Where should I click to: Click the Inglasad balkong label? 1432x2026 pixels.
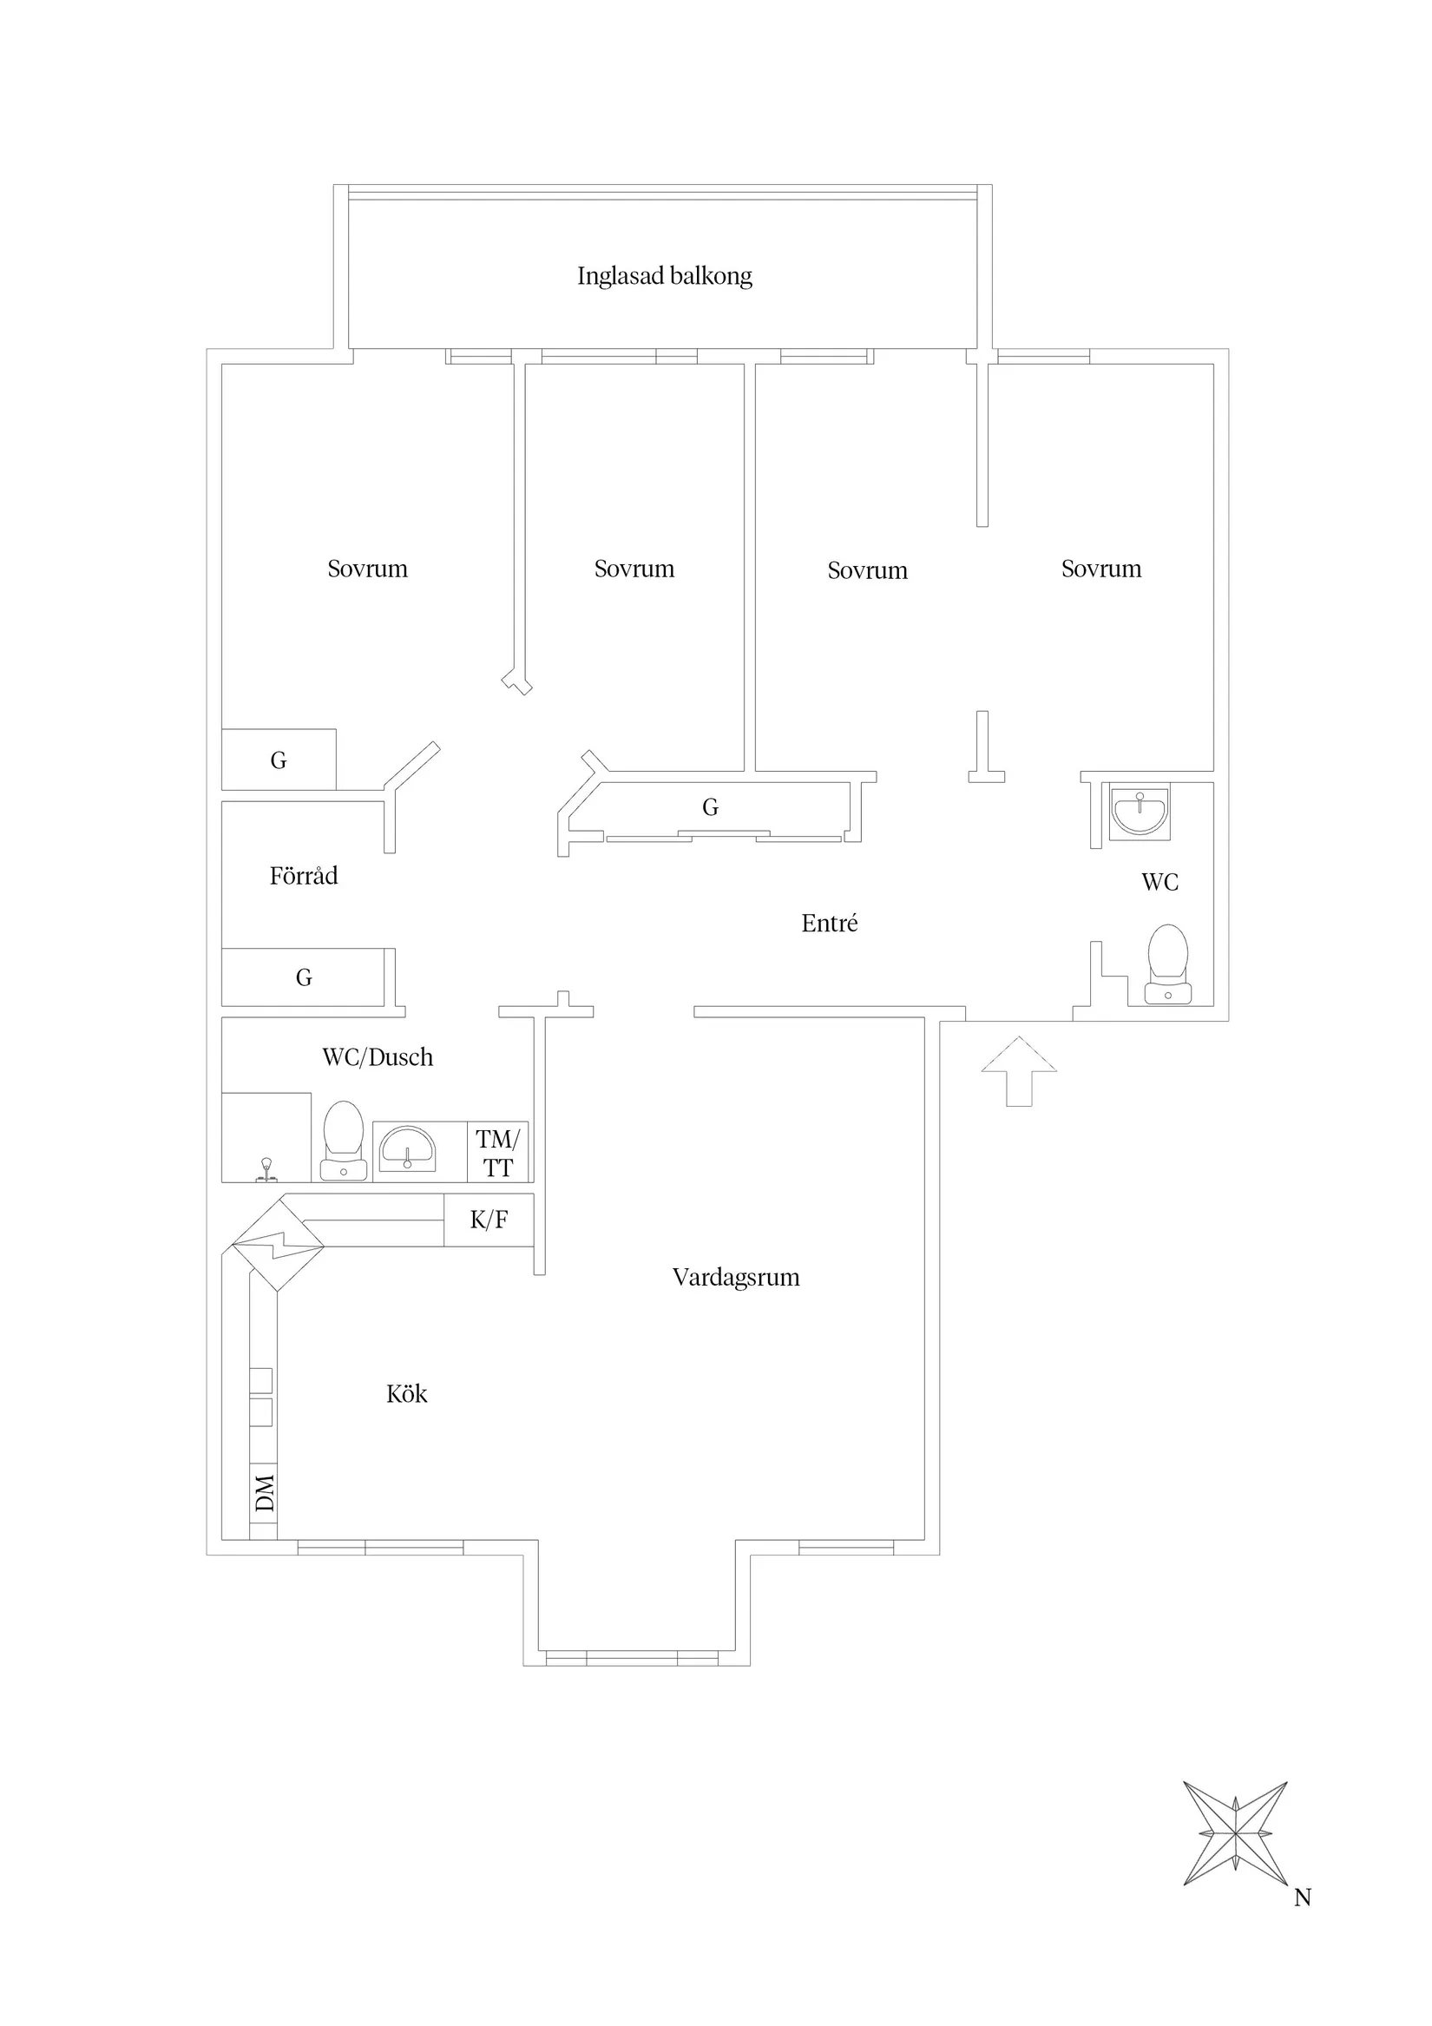click(x=665, y=276)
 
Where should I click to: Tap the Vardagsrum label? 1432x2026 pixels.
click(x=736, y=1277)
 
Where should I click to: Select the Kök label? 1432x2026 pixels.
click(x=407, y=1393)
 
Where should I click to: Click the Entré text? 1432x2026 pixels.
click(x=830, y=923)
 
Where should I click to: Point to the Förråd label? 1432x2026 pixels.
click(x=304, y=875)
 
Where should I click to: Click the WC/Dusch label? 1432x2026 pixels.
click(x=378, y=1056)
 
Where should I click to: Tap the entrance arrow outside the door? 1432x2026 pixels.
click(x=1019, y=1070)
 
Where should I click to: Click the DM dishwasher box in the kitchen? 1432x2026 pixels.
click(x=264, y=1491)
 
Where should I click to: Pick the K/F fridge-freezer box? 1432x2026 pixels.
click(x=489, y=1220)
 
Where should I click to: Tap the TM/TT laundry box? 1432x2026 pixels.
click(x=497, y=1153)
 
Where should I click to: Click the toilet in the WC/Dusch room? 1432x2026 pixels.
click(x=344, y=1140)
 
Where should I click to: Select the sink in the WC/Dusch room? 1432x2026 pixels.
click(x=407, y=1149)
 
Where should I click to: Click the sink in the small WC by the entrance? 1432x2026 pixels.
click(x=1139, y=812)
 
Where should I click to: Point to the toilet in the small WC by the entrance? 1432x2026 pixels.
click(x=1167, y=964)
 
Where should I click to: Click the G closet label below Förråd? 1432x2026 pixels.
click(x=304, y=977)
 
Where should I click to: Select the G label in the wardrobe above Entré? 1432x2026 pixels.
click(x=710, y=806)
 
